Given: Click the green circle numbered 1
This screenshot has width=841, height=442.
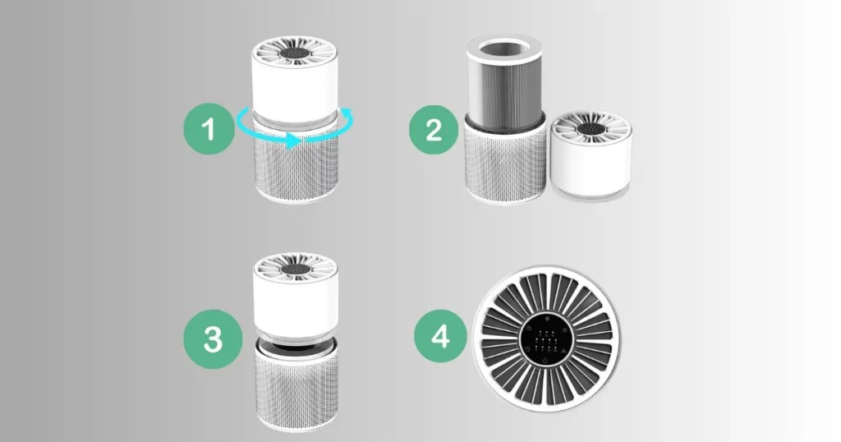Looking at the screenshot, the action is click(x=209, y=129).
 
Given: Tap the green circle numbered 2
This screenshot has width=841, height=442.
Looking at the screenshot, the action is click(x=434, y=130).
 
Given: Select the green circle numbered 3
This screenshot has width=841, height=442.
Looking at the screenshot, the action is click(x=213, y=339).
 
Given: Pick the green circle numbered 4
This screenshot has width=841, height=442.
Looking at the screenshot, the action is click(x=440, y=336).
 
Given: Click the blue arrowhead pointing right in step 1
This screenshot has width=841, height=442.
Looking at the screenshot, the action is click(x=292, y=141).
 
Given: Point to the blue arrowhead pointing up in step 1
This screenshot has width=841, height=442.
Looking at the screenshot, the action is click(x=347, y=113).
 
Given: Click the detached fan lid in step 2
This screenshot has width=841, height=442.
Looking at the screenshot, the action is click(x=591, y=154).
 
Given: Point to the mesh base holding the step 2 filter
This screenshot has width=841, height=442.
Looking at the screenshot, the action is click(x=505, y=161).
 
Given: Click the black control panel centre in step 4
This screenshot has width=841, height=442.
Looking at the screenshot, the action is click(x=546, y=339).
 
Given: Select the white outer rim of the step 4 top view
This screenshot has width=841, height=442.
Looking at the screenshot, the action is click(x=546, y=269).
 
